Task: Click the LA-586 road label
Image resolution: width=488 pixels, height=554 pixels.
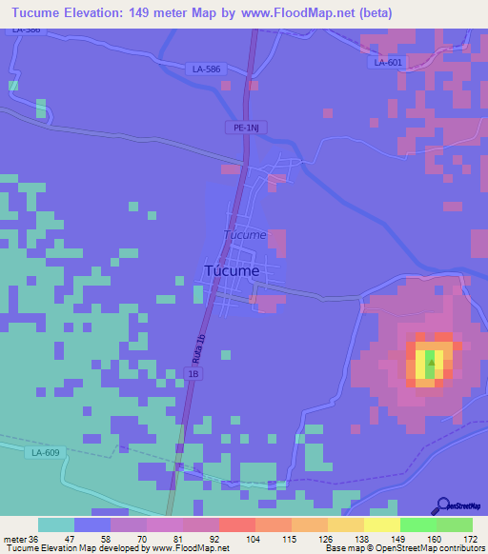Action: coord(205,69)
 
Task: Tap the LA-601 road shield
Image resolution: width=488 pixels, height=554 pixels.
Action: coord(389,63)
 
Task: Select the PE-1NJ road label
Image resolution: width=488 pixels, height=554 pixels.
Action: coord(247,126)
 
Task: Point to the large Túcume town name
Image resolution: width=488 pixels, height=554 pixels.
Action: coord(232,270)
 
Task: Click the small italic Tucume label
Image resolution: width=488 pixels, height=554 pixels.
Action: coord(244,234)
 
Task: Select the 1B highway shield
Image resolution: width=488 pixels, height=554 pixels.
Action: coord(193,375)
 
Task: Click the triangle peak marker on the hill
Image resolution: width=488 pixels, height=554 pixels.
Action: coord(432,361)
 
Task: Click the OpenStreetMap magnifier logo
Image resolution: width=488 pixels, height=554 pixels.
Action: coord(443,505)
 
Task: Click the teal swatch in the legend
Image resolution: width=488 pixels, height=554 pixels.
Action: coord(56,524)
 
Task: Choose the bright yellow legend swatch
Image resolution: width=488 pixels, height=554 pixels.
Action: coord(381,524)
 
